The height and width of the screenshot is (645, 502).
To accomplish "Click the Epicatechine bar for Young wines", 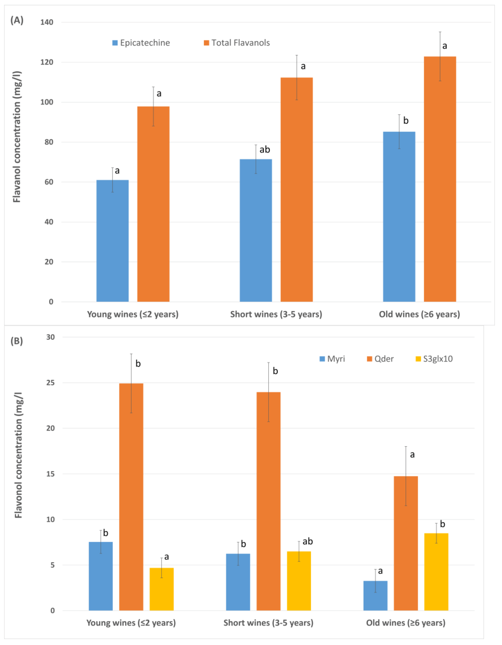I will coord(112,241).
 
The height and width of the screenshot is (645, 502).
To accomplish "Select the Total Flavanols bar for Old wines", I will coord(440,179).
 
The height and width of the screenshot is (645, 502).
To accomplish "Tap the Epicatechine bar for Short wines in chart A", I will coord(256,230).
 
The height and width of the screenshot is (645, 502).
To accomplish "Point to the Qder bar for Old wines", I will coord(406,543).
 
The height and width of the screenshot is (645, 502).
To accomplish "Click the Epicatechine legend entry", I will coord(141,43).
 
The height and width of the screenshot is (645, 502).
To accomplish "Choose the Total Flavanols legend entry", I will coord(237,43).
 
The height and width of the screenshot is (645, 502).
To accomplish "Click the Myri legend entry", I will coord(332,359).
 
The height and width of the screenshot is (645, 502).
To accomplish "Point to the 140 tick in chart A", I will coord(47,22).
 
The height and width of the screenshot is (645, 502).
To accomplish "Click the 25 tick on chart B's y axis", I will coord(50,383).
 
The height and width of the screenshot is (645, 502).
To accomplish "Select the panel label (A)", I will coord(17,20).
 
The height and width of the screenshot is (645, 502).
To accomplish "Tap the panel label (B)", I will coord(17,341).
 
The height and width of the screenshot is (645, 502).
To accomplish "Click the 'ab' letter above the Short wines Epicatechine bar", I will coord(265,149).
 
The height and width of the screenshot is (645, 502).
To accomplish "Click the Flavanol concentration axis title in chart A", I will coord(17,137).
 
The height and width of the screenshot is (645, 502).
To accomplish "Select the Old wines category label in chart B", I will coord(406,623).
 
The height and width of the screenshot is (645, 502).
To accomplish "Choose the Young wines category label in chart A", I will coord(133,314).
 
